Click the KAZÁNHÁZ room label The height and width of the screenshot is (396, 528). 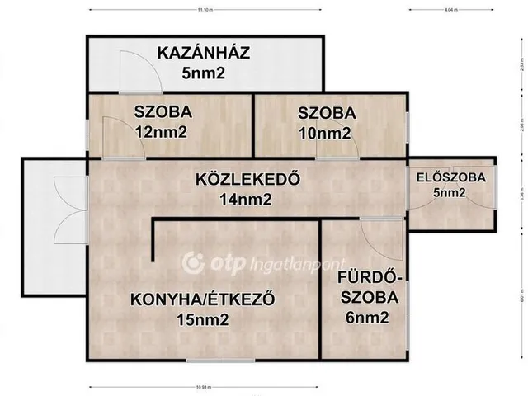204,56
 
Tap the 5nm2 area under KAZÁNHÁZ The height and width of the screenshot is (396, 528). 204,73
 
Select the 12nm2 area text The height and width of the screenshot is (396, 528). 163,130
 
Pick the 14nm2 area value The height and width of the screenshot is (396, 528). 246,198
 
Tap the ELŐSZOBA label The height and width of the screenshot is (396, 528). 451,177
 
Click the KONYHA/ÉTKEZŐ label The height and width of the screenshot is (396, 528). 202,299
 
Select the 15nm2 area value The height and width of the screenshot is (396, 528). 202,320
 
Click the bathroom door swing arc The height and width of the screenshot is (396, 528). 386,239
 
